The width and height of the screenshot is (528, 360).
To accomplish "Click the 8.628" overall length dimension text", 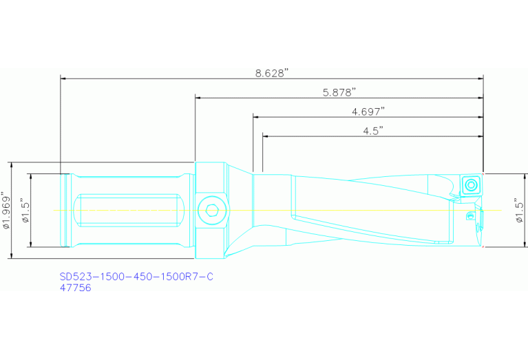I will [x=271, y=72].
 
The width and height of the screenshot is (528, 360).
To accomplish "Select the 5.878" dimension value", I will [x=339, y=92].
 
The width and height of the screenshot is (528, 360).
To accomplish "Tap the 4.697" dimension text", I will [x=368, y=111].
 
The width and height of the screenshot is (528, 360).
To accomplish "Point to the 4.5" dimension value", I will [x=372, y=130].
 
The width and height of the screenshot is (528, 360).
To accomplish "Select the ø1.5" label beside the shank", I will [x=25, y=210].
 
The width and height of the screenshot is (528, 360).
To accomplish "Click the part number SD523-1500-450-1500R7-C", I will [x=136, y=277].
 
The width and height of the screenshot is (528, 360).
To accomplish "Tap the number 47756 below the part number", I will [x=76, y=288].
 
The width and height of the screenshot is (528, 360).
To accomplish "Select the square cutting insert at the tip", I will [x=471, y=184].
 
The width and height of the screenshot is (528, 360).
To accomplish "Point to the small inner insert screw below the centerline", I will [x=471, y=217].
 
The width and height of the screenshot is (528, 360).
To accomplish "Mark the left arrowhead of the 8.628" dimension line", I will [x=64, y=78].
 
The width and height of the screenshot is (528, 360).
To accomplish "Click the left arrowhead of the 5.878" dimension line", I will [x=199, y=98].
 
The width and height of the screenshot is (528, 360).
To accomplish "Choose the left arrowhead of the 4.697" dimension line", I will [x=257, y=117].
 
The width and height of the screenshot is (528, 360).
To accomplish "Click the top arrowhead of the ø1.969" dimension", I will [x=11, y=166].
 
